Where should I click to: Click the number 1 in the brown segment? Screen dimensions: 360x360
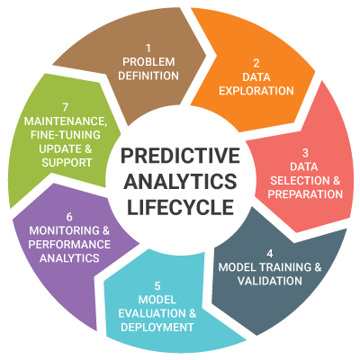coord(148,48)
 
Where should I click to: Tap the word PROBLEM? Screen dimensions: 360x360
coord(148,62)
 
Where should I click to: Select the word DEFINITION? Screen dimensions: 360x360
coord(148,76)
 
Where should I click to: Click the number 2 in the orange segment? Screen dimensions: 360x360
coord(256,63)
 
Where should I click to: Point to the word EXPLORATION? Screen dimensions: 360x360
coord(256,91)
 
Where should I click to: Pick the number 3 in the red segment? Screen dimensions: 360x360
coord(305,153)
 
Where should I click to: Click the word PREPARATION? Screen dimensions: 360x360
coord(305,194)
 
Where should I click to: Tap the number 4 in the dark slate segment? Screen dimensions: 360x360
coord(270,254)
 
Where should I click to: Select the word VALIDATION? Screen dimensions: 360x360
coord(270,281)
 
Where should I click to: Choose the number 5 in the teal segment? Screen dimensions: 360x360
coord(157,286)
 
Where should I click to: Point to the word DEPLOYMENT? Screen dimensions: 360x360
coord(157,327)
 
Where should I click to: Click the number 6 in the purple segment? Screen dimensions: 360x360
coord(69,217)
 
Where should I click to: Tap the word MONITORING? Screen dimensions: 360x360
coord(65,230)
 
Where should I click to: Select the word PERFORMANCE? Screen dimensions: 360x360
coord(69,244)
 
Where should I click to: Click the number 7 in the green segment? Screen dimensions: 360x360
coord(66,107)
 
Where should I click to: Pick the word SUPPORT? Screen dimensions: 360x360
coord(67,163)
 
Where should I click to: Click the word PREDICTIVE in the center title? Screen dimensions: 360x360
coord(180,156)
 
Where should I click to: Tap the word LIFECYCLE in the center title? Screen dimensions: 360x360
coord(180,207)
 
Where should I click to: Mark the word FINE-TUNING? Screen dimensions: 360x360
coord(66,135)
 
